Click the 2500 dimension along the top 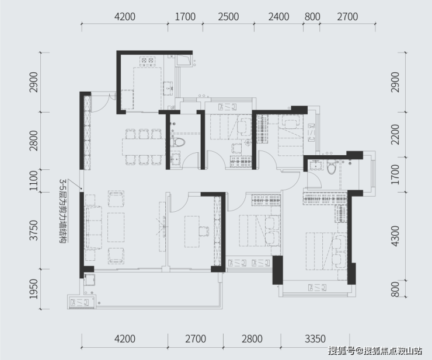pos(228,17)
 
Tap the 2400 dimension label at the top pos(279,17)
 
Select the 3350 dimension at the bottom pos(315,339)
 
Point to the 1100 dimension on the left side pos(34,181)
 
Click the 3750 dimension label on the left pos(34,230)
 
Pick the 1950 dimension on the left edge pos(34,289)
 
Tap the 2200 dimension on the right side pos(395,134)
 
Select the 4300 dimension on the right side pos(395,236)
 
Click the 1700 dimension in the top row pos(186,17)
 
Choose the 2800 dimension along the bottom pos(252,339)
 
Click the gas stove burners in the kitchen pos(147,61)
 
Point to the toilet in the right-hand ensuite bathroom pos(331,167)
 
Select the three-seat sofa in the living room pos(93,228)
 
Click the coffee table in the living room pos(116,228)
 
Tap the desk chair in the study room pos(203,231)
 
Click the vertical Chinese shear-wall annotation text pos(63,211)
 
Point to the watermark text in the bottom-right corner pos(375,351)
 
